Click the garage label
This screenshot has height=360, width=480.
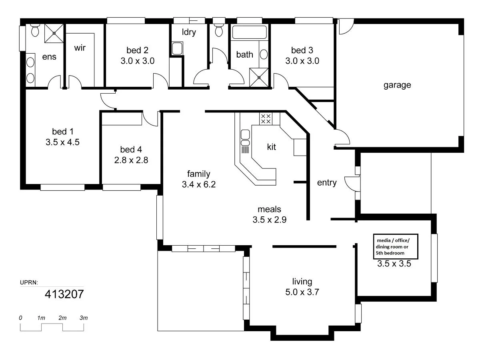(397, 85)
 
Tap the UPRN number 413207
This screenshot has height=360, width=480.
(64, 294)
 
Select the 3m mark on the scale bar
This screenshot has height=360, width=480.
(83, 318)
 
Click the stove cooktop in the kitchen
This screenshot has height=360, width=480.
(266, 118)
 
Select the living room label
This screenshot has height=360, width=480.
(302, 281)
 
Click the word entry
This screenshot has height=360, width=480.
(326, 183)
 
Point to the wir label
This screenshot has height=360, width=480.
(80, 48)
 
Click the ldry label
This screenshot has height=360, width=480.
(189, 32)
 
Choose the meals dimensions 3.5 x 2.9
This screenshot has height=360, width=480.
(269, 220)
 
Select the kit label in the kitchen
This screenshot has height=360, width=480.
(271, 147)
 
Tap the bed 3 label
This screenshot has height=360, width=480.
(302, 50)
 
